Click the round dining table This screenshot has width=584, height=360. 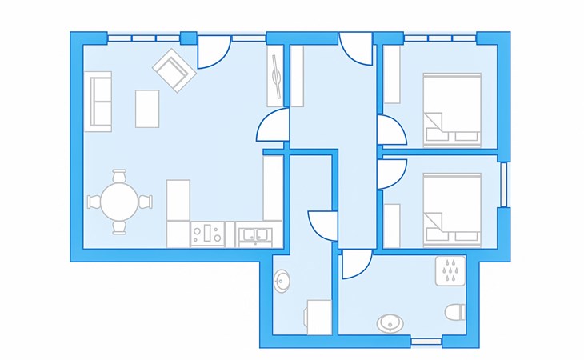click(x=119, y=202)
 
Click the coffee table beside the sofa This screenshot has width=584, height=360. click(x=147, y=108)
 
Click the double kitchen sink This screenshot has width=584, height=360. click(x=257, y=234)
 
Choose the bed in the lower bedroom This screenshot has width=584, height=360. click(x=451, y=208)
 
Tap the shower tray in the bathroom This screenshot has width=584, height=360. click(x=450, y=270)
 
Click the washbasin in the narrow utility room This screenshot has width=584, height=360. click(x=283, y=282)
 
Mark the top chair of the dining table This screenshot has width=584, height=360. click(x=119, y=175)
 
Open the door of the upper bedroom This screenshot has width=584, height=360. click(x=390, y=130)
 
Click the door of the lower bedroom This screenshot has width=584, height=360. click(x=390, y=173)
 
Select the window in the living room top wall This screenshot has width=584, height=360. click(x=143, y=38)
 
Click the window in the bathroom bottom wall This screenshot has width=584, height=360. click(x=426, y=342)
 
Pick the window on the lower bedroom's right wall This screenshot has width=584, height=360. click(x=504, y=184)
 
